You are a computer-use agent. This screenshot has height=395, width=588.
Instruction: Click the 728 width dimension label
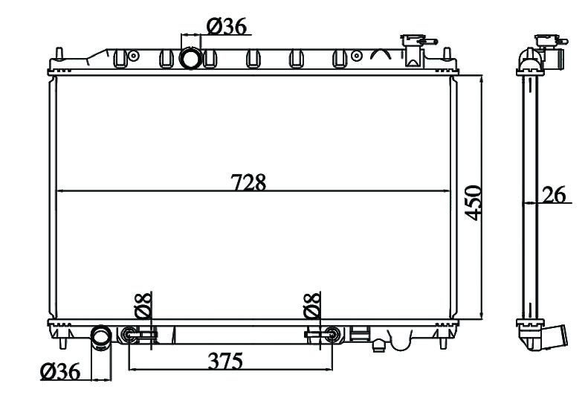click(x=248, y=182)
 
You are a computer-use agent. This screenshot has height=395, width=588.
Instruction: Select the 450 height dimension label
click(x=473, y=202)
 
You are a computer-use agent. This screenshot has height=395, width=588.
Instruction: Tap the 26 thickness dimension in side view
click(x=554, y=194)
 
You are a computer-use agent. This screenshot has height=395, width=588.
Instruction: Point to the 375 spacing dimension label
click(x=225, y=361)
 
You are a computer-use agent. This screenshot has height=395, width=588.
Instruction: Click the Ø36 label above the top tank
click(x=227, y=27)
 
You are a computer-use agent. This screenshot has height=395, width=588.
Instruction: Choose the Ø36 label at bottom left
click(x=60, y=371)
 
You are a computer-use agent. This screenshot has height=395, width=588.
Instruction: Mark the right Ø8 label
click(x=312, y=305)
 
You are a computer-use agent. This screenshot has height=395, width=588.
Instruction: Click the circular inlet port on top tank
click(x=191, y=58)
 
